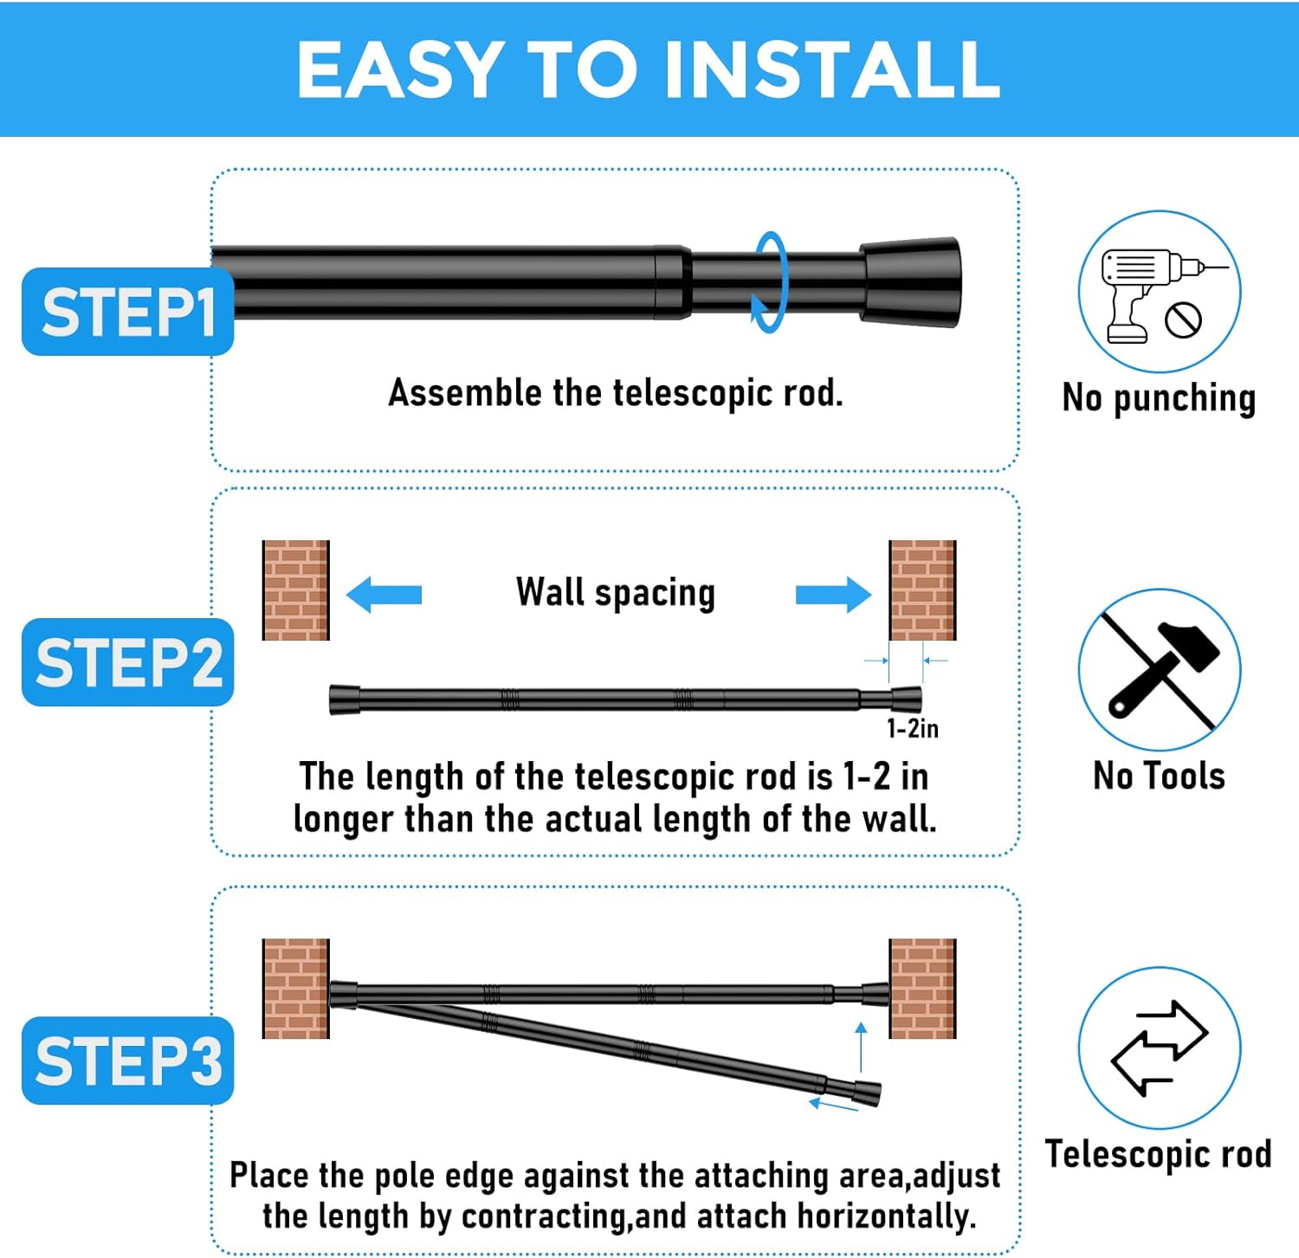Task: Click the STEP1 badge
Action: pos(128,312)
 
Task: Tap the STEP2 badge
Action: pos(128,662)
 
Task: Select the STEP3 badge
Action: pos(128,1061)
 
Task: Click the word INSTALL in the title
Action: pos(832,69)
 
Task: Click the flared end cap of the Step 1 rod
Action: pos(910,282)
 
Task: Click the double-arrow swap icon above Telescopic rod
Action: pos(1159,1048)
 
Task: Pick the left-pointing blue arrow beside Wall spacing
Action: pos(384,595)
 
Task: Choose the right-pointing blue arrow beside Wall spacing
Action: pos(833,595)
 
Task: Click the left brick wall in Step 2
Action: pos(296,590)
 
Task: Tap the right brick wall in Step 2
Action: pos(923,590)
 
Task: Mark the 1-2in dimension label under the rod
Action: pos(913,728)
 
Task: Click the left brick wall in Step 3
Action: pos(296,989)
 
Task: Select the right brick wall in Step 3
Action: pos(923,989)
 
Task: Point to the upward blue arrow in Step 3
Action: pos(861,1048)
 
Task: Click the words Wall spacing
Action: pos(616,594)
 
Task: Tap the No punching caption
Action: pos(1159,398)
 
